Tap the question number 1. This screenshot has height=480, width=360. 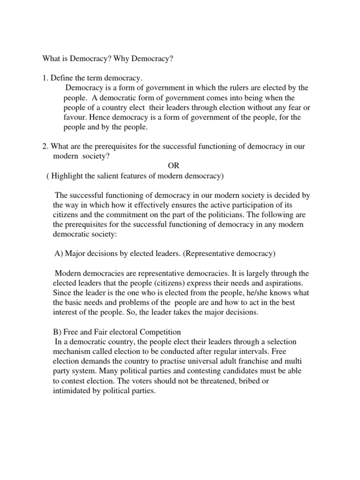point(45,77)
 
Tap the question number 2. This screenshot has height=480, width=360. point(45,147)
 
